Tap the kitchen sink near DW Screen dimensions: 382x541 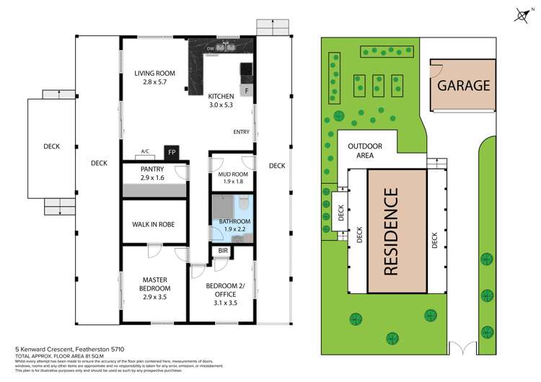pyautogui.click(x=229, y=48)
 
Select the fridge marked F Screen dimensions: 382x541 pyautogui.click(x=247, y=91)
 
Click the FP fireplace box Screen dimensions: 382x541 pyautogui.click(x=172, y=152)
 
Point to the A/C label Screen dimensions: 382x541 pyautogui.click(x=145, y=152)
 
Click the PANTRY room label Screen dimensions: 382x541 pyautogui.click(x=152, y=173)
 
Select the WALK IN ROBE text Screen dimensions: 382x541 pyautogui.click(x=153, y=224)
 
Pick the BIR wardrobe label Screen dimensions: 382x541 pyautogui.click(x=223, y=252)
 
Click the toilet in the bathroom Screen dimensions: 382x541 pyautogui.click(x=243, y=201)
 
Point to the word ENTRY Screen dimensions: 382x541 pyautogui.click(x=242, y=132)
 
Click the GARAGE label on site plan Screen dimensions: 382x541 pyautogui.click(x=462, y=85)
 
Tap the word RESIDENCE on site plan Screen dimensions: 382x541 pyautogui.click(x=390, y=231)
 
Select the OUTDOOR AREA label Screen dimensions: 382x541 pyautogui.click(x=365, y=151)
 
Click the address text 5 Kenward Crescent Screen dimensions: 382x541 pyautogui.click(x=65, y=348)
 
